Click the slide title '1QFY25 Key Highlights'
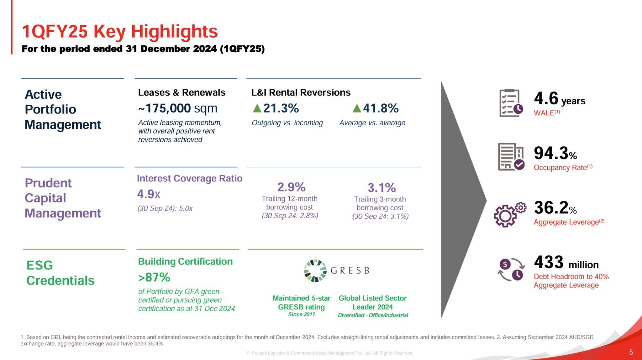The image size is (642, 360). [120, 32]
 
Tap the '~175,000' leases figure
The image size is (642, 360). [165, 108]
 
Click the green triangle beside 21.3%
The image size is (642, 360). [257, 108]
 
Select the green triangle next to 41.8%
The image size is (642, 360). [357, 108]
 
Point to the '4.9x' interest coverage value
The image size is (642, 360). [149, 194]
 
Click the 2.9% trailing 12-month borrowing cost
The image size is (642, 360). [291, 187]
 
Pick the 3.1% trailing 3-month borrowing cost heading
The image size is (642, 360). [382, 188]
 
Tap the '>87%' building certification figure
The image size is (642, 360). [154, 277]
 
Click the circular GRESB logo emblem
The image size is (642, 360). [315, 271]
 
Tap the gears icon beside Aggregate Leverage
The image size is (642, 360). [510, 214]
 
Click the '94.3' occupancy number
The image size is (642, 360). [551, 153]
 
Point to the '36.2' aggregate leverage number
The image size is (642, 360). [551, 208]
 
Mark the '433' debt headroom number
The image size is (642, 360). [549, 262]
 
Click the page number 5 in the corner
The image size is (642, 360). [631, 352]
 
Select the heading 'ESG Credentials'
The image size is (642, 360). [60, 273]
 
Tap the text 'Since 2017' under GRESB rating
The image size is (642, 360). [302, 314]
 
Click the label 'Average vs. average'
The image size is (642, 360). [372, 123]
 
